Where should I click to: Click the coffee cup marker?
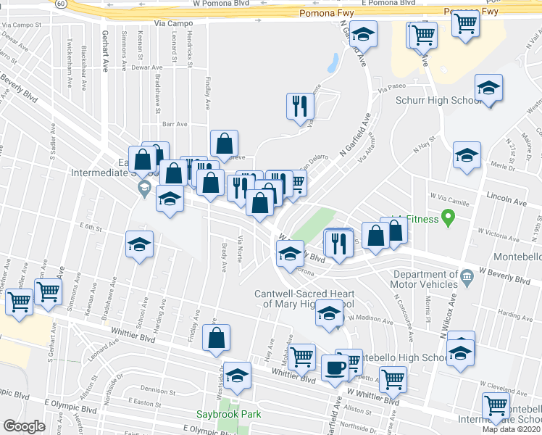(x=335, y=368)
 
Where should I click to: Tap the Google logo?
(x=24, y=426)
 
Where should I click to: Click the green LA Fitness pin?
(x=448, y=215)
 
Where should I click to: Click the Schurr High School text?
(x=436, y=101)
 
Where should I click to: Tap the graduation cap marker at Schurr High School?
(x=489, y=89)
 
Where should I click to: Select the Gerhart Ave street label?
(x=105, y=57)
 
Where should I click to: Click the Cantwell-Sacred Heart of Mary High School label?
(x=305, y=299)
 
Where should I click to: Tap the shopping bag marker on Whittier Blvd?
(x=217, y=339)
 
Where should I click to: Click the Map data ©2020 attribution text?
(x=512, y=428)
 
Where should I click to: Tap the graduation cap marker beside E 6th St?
(x=139, y=245)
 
